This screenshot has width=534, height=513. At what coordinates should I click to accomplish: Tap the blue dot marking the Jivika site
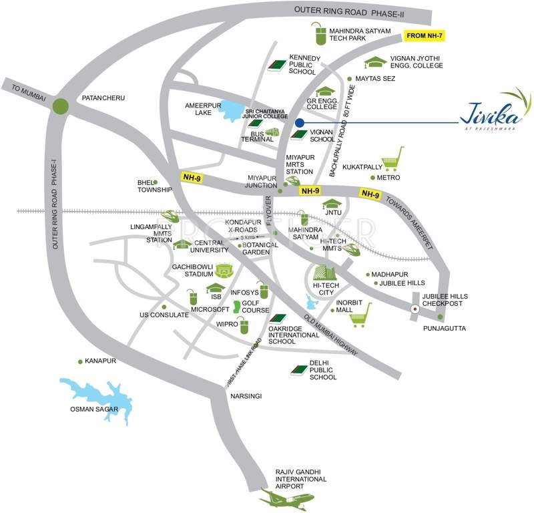pos(300,123)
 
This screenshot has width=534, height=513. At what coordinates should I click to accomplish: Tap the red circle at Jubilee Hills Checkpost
pos(415,309)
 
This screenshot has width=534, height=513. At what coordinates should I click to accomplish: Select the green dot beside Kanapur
pos(80,361)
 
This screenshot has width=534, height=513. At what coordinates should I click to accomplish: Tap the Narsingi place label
pos(246,396)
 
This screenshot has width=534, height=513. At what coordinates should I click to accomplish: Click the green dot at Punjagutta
pos(440,317)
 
